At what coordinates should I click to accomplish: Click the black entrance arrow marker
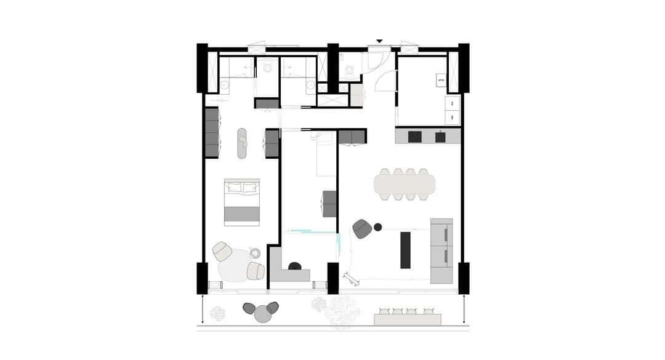point(379,41)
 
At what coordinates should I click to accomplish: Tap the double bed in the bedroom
point(242,202)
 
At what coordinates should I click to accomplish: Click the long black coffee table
point(405,249)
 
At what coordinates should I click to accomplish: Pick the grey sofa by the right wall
point(441,250)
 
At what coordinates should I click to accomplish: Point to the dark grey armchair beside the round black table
point(362,229)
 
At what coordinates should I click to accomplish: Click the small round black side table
point(378,227)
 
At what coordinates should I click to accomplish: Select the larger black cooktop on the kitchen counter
point(414,137)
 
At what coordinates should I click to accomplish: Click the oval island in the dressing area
point(242,143)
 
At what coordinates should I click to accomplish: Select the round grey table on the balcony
point(264,314)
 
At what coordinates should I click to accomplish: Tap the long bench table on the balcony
point(408,319)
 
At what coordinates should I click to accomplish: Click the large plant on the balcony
point(342,312)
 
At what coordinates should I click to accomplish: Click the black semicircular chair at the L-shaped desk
point(295,266)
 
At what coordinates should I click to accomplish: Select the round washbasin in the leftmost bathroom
point(224,87)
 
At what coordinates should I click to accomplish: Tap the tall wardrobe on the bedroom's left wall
point(212,132)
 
